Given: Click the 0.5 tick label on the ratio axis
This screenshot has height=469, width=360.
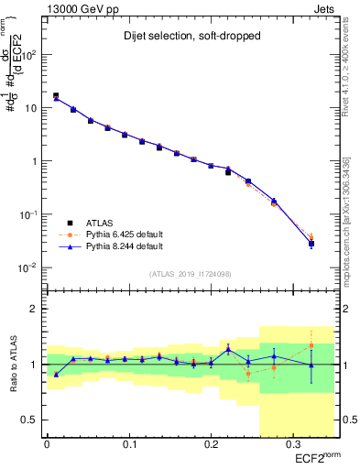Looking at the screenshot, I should tap(27, 420).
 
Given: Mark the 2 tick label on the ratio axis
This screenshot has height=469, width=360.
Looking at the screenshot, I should tap(32, 309).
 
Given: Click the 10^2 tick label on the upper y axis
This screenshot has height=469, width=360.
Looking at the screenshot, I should tap(27, 55).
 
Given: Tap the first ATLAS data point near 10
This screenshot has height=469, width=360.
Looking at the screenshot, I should tap(56, 95).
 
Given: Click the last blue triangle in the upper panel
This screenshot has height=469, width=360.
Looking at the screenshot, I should tap(311, 243).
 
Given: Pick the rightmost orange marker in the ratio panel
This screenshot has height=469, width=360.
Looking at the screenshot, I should tap(311, 345).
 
